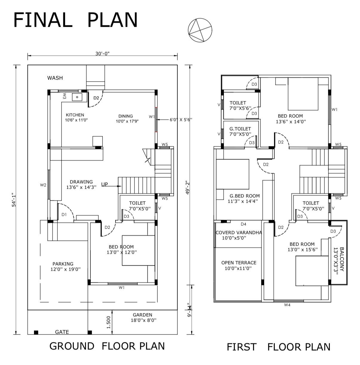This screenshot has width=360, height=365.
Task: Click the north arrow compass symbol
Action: point(200,30)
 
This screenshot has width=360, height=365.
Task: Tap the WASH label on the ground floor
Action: point(55,78)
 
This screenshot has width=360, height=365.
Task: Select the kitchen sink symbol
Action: point(77,97)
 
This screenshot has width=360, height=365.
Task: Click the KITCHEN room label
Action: point(75,115)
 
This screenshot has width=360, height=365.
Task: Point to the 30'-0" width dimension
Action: point(102,54)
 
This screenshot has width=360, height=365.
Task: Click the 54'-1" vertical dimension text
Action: point(14,200)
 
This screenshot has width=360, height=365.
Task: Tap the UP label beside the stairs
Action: point(104,184)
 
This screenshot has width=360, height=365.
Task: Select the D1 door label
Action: point(64,215)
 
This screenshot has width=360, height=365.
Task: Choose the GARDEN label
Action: point(142,315)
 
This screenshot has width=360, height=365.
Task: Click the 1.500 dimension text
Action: point(108,322)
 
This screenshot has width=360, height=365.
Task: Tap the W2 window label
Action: point(43,185)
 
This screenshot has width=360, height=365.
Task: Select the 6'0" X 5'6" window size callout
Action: point(181,120)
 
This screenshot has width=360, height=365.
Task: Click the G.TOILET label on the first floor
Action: point(240,129)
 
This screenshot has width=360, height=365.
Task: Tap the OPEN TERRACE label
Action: point(239,263)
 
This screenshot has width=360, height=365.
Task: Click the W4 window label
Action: point(287,305)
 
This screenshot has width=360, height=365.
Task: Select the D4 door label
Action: point(243,224)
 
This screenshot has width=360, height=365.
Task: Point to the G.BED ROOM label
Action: point(244,196)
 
